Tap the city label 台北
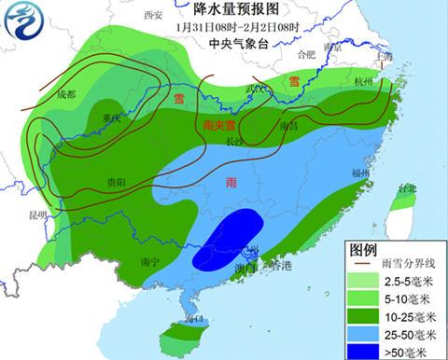coord(406,189)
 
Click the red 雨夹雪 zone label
coord(217,126)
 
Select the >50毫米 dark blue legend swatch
coord(368,351)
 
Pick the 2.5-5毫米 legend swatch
coord(368,280)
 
